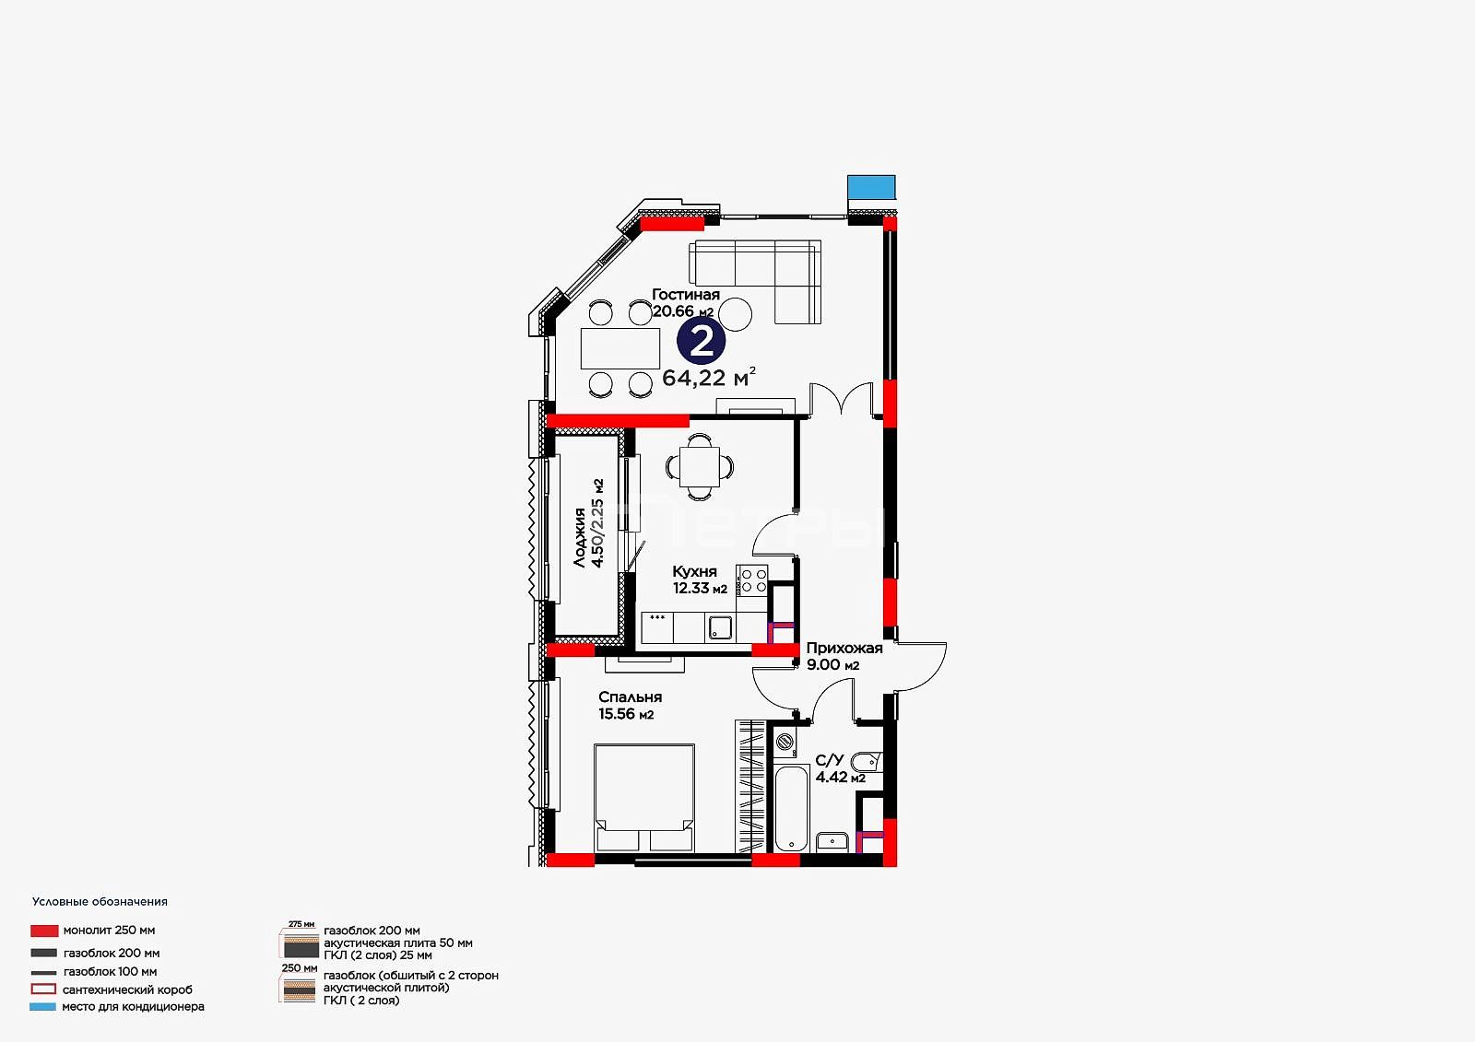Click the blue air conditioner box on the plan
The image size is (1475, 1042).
click(x=871, y=187)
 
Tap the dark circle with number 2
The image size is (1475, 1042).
click(x=702, y=341)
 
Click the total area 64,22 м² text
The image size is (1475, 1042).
click(x=709, y=377)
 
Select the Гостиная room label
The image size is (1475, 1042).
click(x=686, y=295)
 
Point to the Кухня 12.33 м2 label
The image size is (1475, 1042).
click(x=700, y=580)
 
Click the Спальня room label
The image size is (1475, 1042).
click(x=631, y=697)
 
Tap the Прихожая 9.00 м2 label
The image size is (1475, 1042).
click(x=844, y=656)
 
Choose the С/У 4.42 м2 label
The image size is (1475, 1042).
click(x=840, y=768)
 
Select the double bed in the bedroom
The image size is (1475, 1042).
click(x=644, y=798)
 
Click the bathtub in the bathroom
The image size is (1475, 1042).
click(x=791, y=808)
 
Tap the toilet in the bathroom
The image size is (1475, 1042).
click(x=866, y=762)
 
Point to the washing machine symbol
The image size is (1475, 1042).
click(x=785, y=742)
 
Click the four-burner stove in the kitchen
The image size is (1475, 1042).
click(x=752, y=580)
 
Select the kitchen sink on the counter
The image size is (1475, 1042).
click(x=720, y=628)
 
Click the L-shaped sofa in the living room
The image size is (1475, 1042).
click(x=755, y=282)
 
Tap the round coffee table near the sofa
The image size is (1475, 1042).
click(x=735, y=315)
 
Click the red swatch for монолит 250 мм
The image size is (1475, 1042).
click(x=44, y=931)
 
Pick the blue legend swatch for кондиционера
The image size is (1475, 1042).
click(x=42, y=1006)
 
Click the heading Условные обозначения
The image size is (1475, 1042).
click(x=100, y=902)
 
